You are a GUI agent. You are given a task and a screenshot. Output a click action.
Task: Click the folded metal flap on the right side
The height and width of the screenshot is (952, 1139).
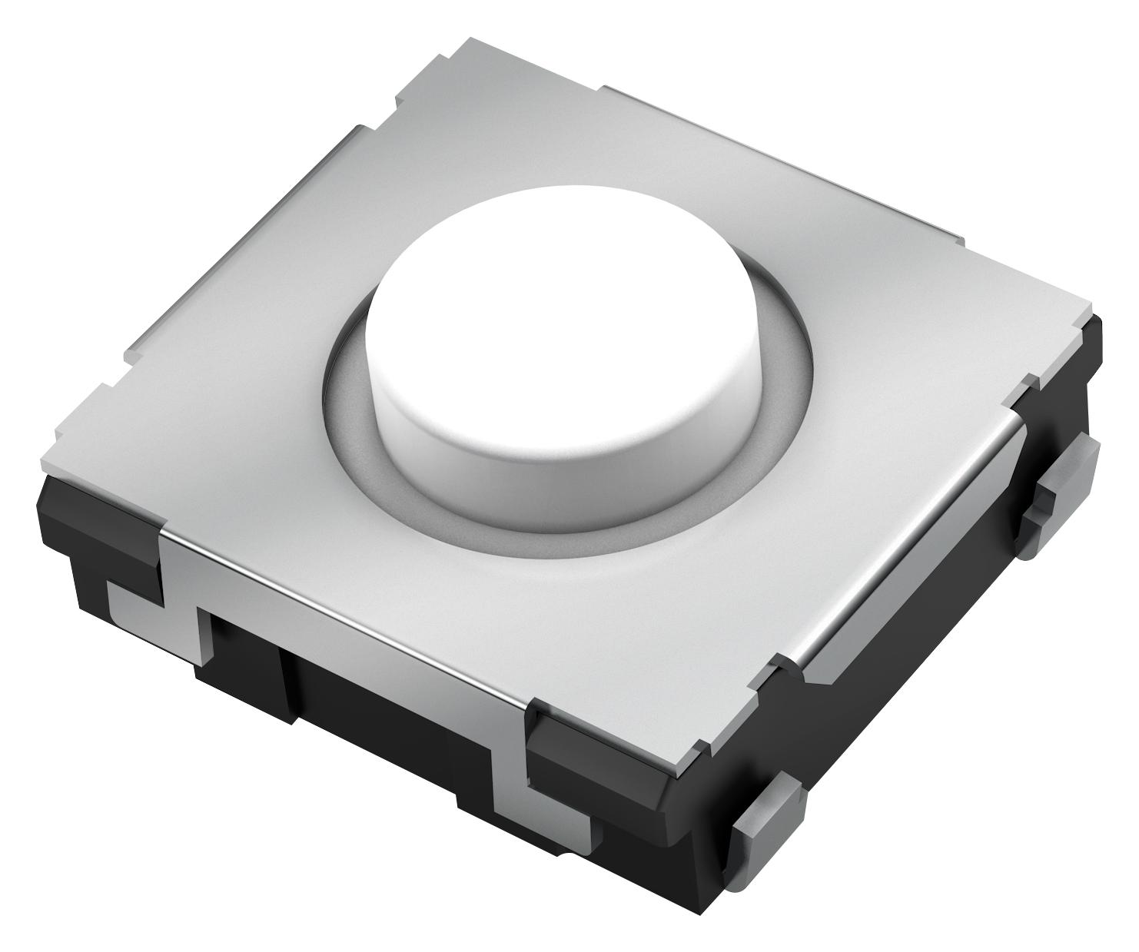(907, 599)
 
